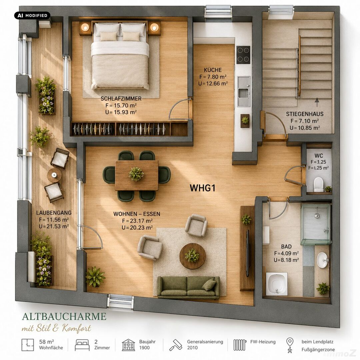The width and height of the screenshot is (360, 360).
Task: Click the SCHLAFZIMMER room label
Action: [121, 99]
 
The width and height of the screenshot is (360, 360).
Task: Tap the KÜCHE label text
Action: [213, 70]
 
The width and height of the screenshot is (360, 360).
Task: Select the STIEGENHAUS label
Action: [305, 114]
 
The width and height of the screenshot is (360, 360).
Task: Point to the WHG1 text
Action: [203, 188]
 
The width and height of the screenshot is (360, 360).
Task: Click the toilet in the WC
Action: [318, 184]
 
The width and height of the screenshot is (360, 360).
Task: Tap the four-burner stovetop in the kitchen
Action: [243, 55]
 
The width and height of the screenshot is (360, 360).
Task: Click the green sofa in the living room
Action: [188, 287]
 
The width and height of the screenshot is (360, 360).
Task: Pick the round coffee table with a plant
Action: [192, 256]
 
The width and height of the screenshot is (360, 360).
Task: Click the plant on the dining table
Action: [136, 174]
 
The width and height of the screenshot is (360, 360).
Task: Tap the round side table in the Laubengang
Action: [54, 175]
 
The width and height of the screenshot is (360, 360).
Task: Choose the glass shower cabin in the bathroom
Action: [316, 224]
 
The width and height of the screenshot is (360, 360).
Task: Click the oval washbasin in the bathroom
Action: [323, 260]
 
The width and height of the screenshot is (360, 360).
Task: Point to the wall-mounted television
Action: [247, 253]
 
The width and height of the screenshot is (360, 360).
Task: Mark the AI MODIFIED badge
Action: [32, 16]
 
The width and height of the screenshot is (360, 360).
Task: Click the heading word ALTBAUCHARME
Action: [64, 316]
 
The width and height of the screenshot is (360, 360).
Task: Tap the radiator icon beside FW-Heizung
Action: [240, 345]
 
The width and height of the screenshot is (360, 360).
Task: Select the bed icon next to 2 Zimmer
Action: [82, 345]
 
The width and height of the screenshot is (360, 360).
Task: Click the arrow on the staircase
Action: [317, 102]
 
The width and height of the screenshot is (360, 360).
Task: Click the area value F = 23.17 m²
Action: [137, 221]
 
